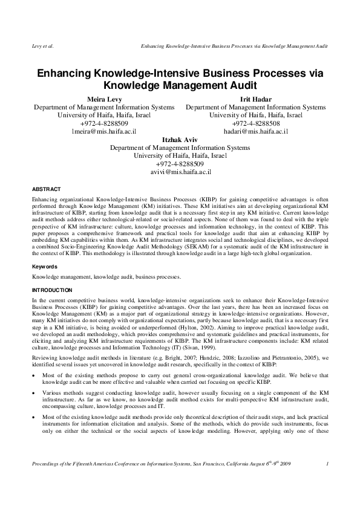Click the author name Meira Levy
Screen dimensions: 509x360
[103, 99]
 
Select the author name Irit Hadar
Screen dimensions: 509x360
[255, 99]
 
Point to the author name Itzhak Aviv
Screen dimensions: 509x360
[180, 139]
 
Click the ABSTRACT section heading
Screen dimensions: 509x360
[46, 189]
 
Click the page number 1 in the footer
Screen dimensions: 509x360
[327, 481]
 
